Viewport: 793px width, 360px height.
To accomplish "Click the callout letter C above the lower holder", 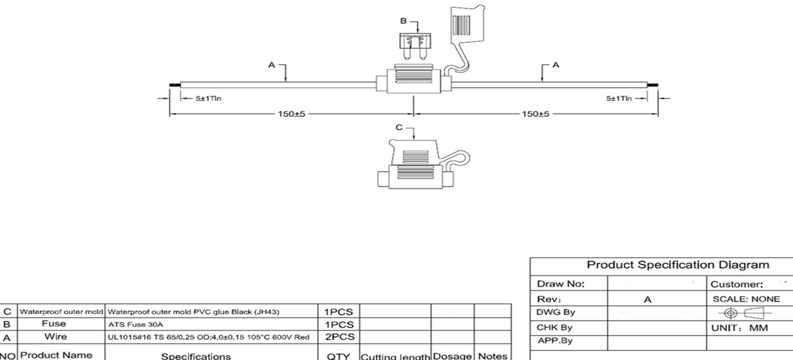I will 399,127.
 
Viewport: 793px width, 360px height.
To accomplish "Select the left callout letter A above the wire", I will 271,65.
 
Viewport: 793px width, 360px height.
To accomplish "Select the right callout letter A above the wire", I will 555,65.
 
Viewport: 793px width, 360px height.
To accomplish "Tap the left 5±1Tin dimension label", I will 208,98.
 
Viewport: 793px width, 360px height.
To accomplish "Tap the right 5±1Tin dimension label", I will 619,98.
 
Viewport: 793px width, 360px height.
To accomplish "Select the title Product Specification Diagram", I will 678,265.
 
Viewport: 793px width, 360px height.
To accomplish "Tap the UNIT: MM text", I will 739,328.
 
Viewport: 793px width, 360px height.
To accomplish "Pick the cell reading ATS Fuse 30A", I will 135,325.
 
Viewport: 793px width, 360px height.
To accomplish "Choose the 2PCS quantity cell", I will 340,337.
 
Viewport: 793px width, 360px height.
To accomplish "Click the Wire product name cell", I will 56,337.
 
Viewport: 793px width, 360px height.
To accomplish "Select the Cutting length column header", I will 395,356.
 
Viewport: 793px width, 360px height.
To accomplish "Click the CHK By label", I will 554,328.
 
